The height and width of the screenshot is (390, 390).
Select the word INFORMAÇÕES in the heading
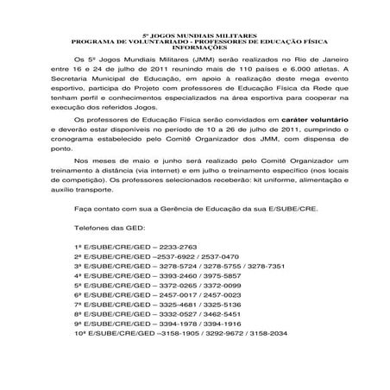pyautogui.click(x=194, y=47)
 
